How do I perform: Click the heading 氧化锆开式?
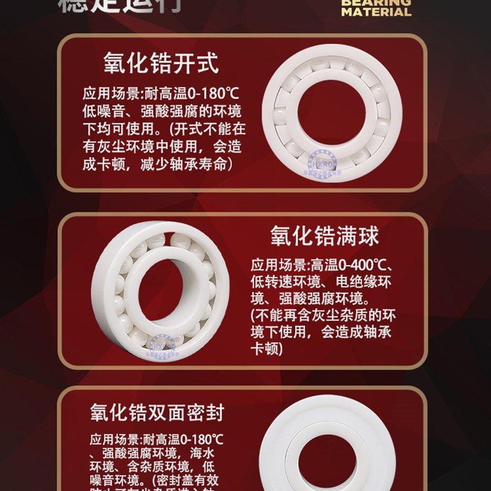161,63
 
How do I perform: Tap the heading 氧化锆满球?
325,236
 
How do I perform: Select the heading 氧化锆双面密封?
157,412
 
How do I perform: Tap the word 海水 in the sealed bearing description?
211,455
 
